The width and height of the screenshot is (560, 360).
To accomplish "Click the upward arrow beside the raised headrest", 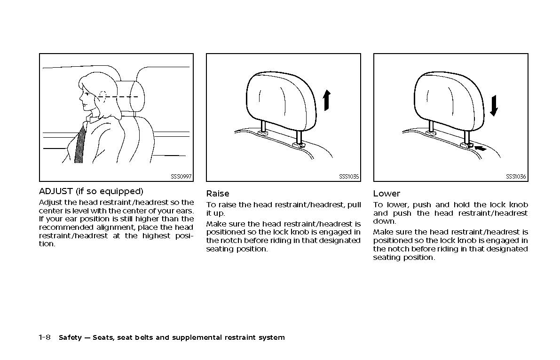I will click(x=327, y=101).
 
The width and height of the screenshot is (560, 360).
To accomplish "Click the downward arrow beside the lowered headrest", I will click(x=493, y=105).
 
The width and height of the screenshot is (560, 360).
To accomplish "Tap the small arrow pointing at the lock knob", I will click(x=480, y=149).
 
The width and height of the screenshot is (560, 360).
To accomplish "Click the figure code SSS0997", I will click(x=181, y=177).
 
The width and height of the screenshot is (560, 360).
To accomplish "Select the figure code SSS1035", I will click(x=349, y=177).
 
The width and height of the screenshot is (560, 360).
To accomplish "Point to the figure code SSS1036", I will click(x=516, y=177).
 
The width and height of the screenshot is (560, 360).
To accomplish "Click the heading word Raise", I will click(x=218, y=194).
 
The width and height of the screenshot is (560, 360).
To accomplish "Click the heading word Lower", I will click(x=386, y=194).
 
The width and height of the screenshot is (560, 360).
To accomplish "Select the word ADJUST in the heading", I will click(x=56, y=191).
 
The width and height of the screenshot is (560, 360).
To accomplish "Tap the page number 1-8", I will click(x=45, y=337).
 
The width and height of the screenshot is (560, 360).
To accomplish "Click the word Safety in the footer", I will click(x=71, y=337).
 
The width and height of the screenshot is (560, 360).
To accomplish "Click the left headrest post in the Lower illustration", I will click(x=430, y=126).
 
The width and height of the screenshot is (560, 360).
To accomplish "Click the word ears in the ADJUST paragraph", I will click(x=185, y=211).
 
